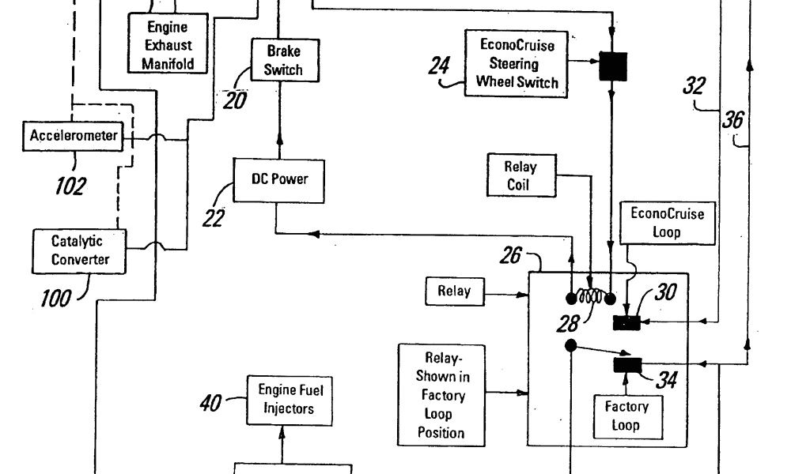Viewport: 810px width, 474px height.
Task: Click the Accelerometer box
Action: pyautogui.click(x=74, y=136)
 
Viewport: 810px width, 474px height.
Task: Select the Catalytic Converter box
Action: pyautogui.click(x=80, y=250)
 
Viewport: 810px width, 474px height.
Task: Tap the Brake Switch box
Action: pyautogui.click(x=282, y=61)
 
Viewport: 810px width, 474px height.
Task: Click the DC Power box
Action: pyautogui.click(x=279, y=179)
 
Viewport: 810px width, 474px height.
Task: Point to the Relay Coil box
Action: pyautogui.click(x=520, y=176)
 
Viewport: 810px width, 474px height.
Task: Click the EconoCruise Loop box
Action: pyautogui.click(x=666, y=223)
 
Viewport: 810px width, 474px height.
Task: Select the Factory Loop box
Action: pyautogui.click(x=626, y=416)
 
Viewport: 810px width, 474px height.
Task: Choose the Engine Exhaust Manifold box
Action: pyautogui.click(x=168, y=45)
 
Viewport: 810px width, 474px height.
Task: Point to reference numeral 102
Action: pyautogui.click(x=70, y=186)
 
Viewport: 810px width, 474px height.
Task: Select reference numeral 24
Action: pyautogui.click(x=439, y=66)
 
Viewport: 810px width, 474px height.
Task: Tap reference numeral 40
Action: pyautogui.click(x=210, y=403)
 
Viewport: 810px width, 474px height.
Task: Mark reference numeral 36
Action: pyautogui.click(x=732, y=120)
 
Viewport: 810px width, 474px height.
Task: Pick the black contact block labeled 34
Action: pyautogui.click(x=627, y=365)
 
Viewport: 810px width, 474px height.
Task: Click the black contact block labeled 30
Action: pyautogui.click(x=626, y=322)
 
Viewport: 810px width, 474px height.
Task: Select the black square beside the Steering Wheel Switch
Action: pyautogui.click(x=612, y=66)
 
